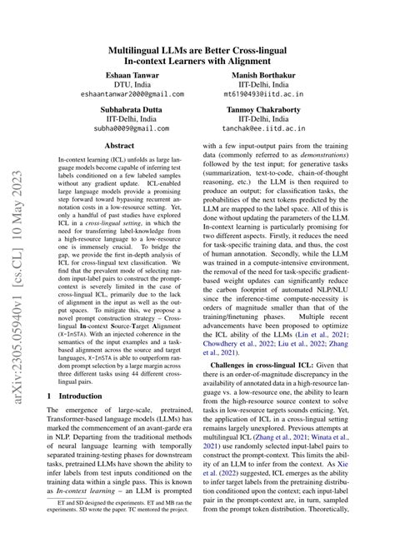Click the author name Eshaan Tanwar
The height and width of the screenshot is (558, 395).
point(112,75)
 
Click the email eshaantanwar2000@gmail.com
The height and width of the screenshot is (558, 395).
point(112,95)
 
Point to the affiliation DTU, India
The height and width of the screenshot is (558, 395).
point(112,85)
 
